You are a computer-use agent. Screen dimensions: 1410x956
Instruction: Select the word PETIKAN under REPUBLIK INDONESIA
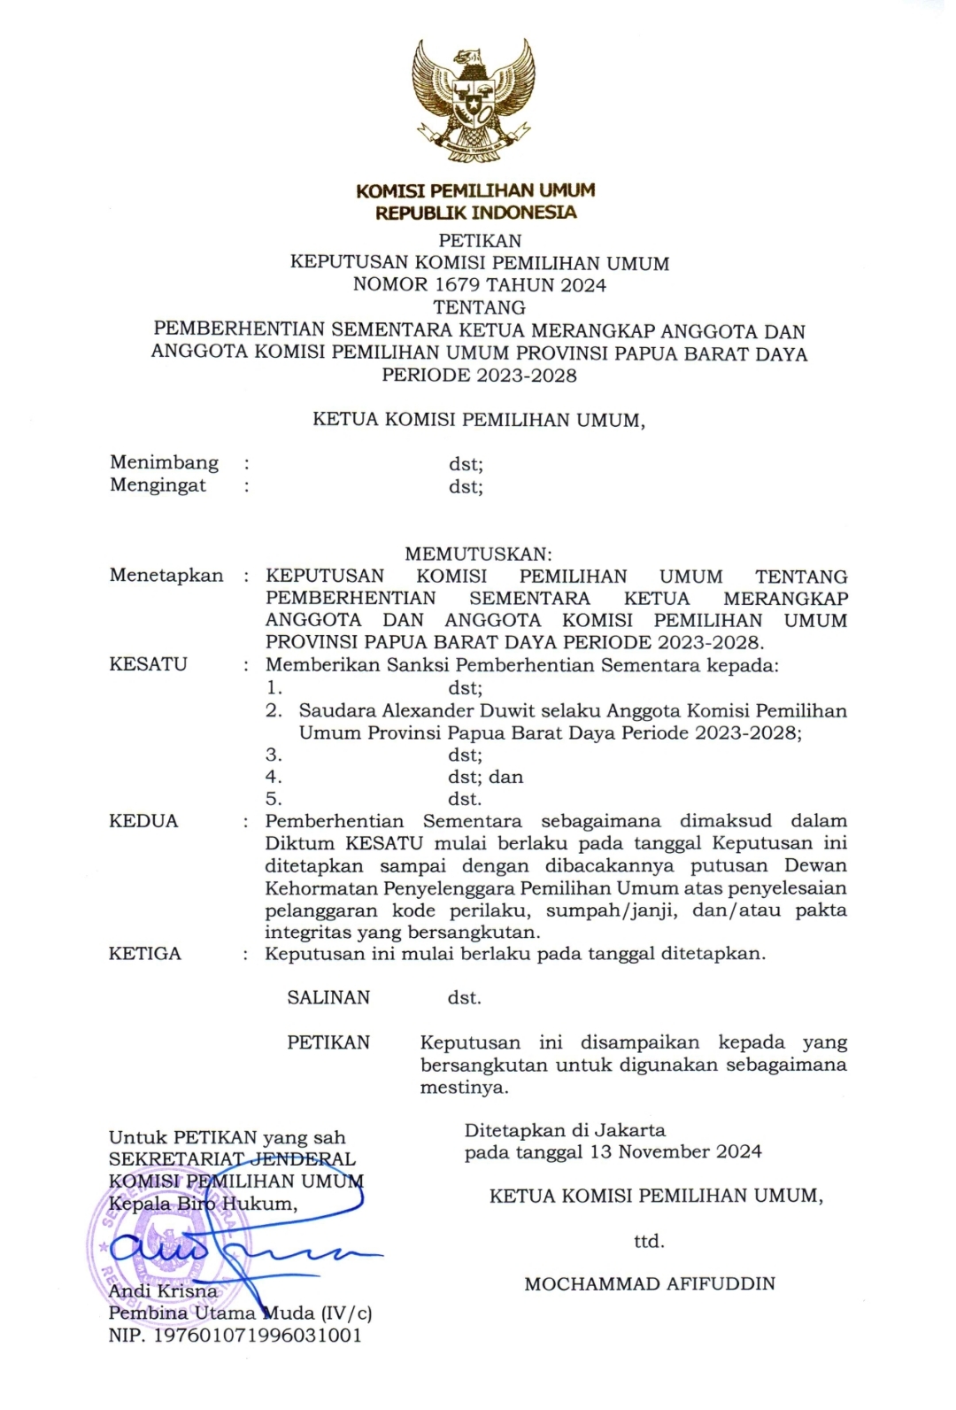(480, 241)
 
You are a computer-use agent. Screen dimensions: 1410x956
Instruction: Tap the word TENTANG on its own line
(480, 307)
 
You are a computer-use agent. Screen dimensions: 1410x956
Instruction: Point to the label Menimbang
(164, 462)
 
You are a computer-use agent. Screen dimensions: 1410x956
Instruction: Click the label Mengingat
(158, 485)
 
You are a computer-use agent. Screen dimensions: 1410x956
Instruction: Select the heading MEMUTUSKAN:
(478, 554)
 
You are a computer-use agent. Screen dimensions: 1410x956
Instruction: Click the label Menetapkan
(166, 576)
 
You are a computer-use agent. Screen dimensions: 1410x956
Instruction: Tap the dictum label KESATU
(148, 664)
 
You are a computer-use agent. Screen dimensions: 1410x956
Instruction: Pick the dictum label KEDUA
(143, 821)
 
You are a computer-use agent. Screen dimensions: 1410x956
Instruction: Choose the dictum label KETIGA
(145, 954)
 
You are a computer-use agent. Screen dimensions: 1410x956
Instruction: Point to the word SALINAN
(328, 997)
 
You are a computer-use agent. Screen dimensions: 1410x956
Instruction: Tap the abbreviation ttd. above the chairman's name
(649, 1241)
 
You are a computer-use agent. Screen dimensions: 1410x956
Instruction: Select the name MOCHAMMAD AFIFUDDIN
(650, 1283)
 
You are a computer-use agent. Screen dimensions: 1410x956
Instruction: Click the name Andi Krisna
(162, 1291)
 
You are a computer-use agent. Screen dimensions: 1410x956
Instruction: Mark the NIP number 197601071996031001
(258, 1336)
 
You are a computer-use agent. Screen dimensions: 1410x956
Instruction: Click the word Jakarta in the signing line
(629, 1130)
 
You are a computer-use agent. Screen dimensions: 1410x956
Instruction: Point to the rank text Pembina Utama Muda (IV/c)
(240, 1313)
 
